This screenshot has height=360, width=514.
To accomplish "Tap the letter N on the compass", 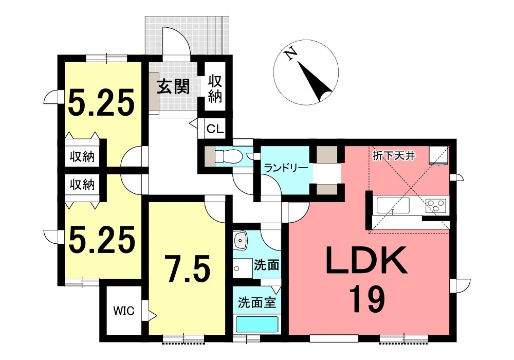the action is (x=290, y=54).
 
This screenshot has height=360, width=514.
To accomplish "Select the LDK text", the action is (x=366, y=261).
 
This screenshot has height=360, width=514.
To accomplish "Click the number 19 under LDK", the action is (x=366, y=299).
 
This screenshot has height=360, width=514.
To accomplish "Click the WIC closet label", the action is (x=124, y=311).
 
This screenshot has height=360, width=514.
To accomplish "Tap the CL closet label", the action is (x=215, y=129).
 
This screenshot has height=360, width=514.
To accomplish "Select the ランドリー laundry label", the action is (x=286, y=168).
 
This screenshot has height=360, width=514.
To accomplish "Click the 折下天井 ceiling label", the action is (x=394, y=155).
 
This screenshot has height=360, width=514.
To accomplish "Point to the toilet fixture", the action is (x=228, y=155).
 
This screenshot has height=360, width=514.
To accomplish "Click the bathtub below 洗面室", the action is (x=258, y=324).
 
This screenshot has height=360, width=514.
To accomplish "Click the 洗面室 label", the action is (x=256, y=302).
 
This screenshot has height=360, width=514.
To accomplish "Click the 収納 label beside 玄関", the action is (x=215, y=88).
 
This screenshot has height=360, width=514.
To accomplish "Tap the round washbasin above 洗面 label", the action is (x=241, y=240).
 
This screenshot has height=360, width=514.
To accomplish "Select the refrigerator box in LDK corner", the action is (x=438, y=154).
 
